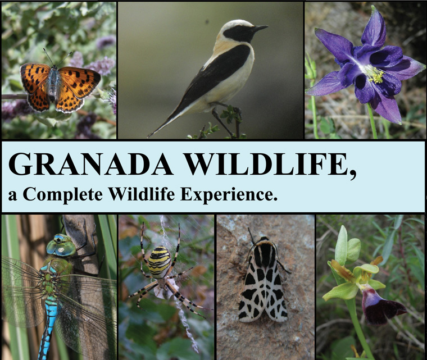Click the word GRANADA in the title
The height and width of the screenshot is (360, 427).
click(x=90, y=165)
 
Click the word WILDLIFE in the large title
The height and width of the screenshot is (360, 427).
click(x=263, y=165)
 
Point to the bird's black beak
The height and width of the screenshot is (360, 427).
click(x=260, y=28)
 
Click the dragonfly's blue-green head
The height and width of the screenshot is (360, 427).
click(x=61, y=245)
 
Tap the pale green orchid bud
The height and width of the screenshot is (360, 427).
click(x=341, y=245)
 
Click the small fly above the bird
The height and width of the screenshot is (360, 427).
click(x=207, y=21)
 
